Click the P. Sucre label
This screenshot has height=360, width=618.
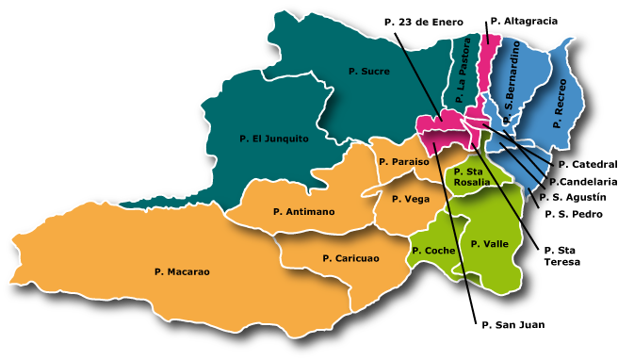pyautogui.click(x=368, y=71)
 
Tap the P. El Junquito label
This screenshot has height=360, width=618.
pyautogui.click(x=273, y=139)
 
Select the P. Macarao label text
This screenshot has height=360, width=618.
pyautogui.click(x=182, y=271)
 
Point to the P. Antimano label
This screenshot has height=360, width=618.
pyautogui.click(x=303, y=212)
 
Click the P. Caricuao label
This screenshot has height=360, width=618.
pyautogui.click(x=350, y=258)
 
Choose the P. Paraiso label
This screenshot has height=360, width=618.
pyautogui.click(x=403, y=162)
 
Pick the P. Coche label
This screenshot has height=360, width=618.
pyautogui.click(x=433, y=251)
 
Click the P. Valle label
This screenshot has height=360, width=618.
pyautogui.click(x=490, y=243)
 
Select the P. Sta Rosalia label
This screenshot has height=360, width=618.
pyautogui.click(x=471, y=176)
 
